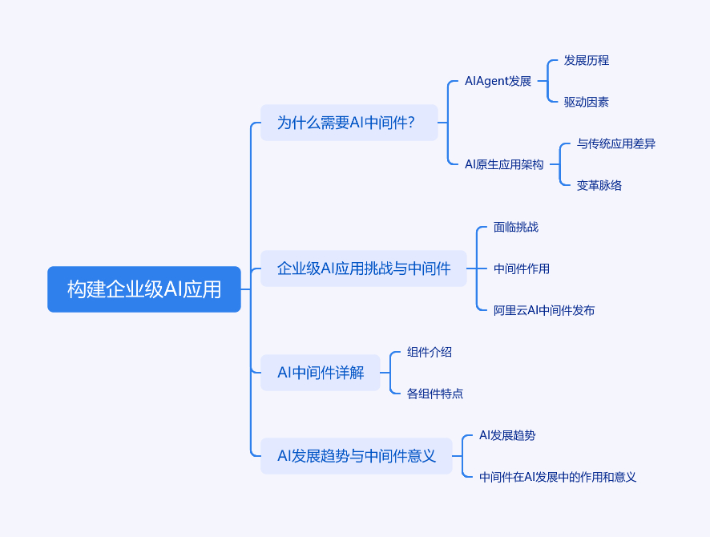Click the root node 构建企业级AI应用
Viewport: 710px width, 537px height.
(144, 289)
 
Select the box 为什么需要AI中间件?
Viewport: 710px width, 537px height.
(349, 123)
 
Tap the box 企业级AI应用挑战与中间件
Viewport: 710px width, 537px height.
(364, 268)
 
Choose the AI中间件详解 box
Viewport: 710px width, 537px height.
(321, 373)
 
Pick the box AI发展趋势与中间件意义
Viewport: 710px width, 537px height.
(357, 456)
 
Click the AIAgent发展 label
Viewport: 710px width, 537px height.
(498, 81)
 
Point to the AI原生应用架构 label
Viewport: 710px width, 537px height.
(504, 164)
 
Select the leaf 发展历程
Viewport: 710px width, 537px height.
(587, 60)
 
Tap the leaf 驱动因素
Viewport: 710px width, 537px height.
(587, 102)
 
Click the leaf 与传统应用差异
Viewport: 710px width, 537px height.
(616, 143)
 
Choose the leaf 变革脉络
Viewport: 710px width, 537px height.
(599, 185)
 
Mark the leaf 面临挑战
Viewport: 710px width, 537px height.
(516, 227)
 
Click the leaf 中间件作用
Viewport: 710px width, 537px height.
(522, 268)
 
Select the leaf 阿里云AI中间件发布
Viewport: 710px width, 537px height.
(544, 310)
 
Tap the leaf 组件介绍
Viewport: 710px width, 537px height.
(430, 352)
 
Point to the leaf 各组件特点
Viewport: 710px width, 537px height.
(435, 394)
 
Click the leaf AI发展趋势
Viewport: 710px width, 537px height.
(507, 435)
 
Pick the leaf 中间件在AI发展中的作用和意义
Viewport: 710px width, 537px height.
(558, 477)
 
